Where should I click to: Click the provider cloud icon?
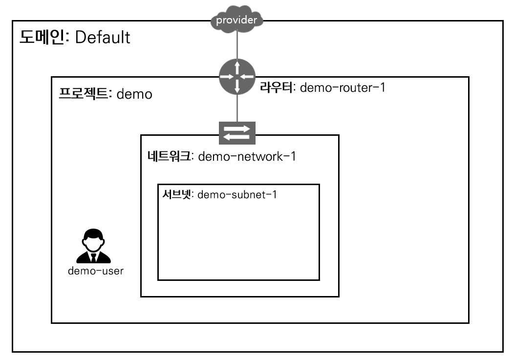coord(236,20)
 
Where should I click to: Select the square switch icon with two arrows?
coord(237,132)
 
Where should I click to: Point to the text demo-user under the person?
coord(96,271)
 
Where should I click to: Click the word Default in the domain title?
coord(102,37)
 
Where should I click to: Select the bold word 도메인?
coord(44,37)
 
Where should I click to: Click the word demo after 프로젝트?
coord(134,94)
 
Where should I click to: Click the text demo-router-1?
coord(342,88)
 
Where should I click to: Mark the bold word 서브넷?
coord(178,194)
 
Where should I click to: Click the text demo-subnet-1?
coord(237,195)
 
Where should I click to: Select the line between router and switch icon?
coord(237,107)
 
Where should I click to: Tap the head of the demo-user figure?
coord(93,238)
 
